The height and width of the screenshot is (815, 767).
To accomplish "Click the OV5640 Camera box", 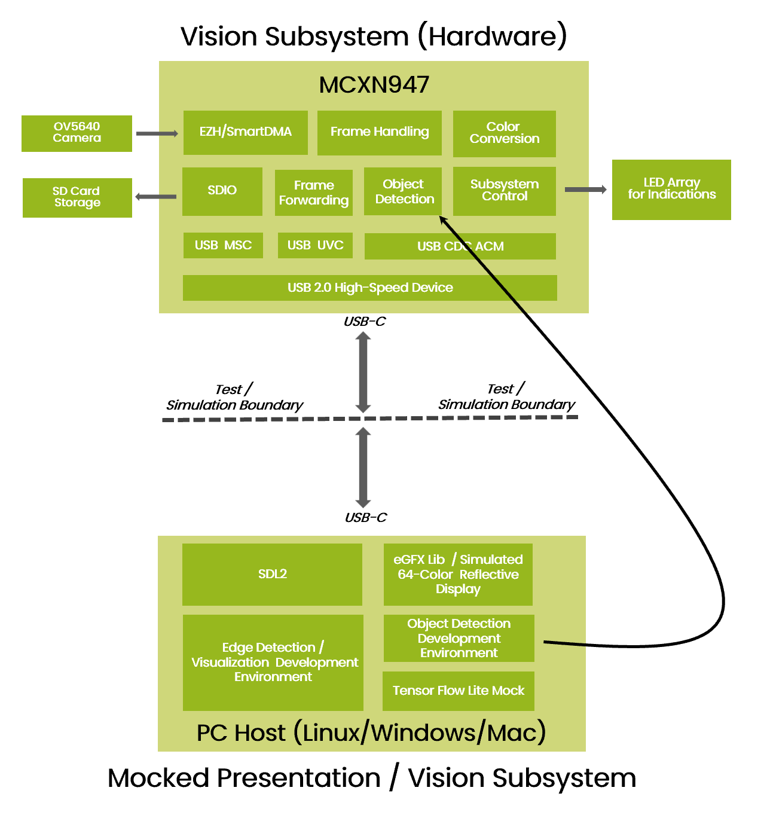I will click(77, 133).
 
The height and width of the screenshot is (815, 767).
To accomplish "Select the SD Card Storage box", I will click(77, 197).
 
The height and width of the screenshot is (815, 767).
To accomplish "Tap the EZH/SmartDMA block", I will click(245, 132).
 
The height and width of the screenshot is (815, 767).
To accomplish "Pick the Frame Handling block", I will click(379, 132).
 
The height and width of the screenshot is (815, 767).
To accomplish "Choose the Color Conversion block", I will click(504, 133).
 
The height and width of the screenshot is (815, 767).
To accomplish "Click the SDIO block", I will click(222, 191).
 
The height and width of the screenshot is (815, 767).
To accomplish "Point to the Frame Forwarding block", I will click(313, 193).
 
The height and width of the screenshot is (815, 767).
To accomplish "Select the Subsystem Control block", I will click(504, 191).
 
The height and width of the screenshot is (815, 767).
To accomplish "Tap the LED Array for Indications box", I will click(671, 189).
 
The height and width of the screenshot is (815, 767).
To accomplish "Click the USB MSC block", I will click(223, 245).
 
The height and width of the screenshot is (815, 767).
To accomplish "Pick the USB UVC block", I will click(315, 245).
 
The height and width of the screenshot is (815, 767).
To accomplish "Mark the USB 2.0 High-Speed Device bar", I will click(369, 288).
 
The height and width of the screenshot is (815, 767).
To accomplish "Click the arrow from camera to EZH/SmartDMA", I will click(157, 133).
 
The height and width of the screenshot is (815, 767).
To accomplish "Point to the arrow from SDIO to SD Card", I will click(156, 197).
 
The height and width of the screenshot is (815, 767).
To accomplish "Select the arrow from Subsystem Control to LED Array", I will click(585, 190).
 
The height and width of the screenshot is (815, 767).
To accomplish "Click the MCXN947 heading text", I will click(374, 85).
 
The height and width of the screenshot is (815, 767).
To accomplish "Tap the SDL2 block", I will click(272, 574).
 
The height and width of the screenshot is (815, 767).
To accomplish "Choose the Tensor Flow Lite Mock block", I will click(458, 691).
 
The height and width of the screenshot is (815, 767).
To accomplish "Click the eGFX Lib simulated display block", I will click(457, 574).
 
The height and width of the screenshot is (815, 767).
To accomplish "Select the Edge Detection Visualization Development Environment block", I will click(273, 662).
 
